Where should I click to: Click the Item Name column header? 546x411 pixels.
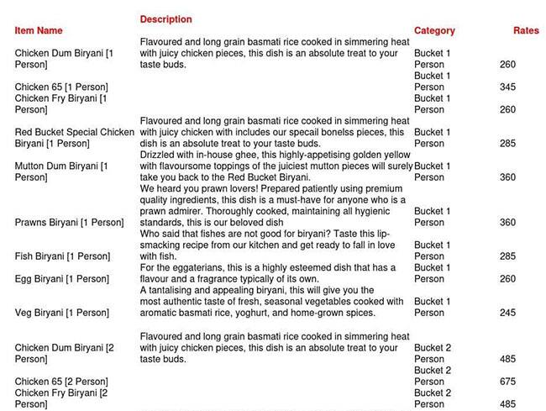(39, 31)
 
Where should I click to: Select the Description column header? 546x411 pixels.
(165, 19)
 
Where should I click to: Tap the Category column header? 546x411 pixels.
(434, 31)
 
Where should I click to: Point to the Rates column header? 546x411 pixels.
(526, 31)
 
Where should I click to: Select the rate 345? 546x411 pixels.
(507, 87)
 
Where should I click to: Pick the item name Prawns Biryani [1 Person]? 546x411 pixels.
(69, 223)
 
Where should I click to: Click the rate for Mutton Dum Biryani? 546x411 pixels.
(507, 177)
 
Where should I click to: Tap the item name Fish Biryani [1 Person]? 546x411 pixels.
(62, 256)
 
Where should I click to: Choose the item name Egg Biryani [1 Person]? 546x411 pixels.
(61, 279)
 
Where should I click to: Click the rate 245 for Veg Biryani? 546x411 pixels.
(507, 313)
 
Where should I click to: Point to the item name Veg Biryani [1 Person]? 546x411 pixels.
(61, 313)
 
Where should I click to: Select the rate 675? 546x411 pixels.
(507, 382)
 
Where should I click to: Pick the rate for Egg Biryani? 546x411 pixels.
(507, 279)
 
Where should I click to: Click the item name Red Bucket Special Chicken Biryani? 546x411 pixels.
(74, 138)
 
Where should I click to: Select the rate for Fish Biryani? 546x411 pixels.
(507, 256)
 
